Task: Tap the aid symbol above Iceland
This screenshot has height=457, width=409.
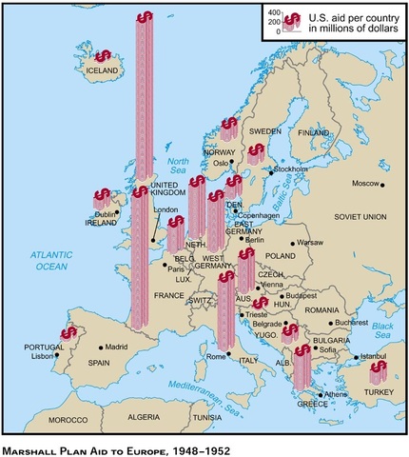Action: pos(102,56)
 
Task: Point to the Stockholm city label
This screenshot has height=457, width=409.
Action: pos(291,170)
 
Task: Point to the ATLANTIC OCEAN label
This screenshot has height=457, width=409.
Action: pos(48,262)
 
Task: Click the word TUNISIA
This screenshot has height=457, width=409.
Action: pos(207,418)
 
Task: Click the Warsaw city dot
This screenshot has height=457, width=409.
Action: pos(293,244)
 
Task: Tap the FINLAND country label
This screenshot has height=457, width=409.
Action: pos(313,132)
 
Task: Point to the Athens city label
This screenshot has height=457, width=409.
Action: pos(336,395)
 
